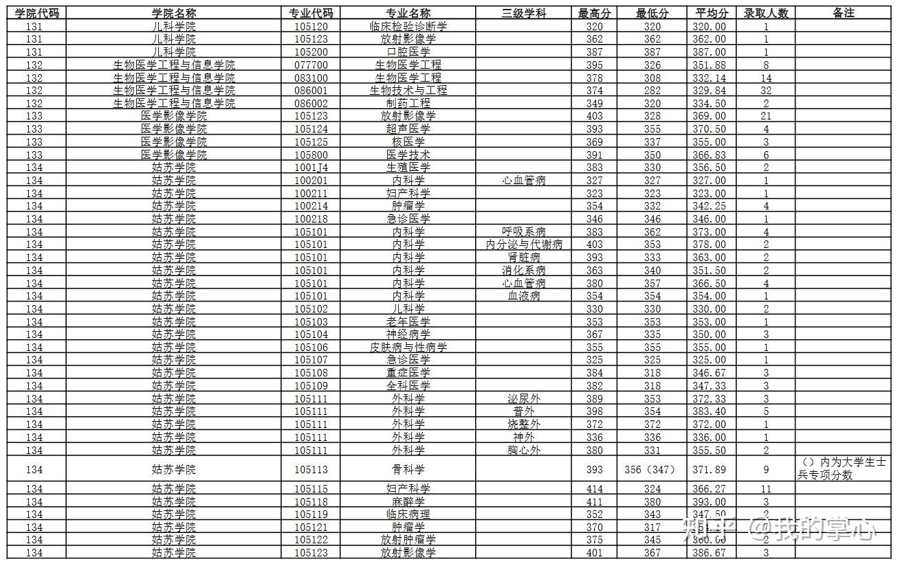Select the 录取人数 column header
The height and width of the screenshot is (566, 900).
pos(765,13)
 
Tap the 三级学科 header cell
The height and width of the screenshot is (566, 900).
pos(524,13)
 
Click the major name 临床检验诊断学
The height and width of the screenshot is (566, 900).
pos(408,26)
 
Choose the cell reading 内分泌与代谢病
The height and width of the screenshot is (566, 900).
pos(524,245)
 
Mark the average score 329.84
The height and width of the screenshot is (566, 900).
pos(710,91)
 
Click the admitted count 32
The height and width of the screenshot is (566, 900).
pos(765,91)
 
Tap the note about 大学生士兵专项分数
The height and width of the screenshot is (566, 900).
pos(844,468)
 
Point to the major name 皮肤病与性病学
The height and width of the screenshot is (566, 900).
pos(408,348)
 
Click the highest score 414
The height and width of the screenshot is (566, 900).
pos(595,489)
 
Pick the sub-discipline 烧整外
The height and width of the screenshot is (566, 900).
pos(524,424)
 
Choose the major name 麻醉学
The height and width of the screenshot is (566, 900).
pos(408,502)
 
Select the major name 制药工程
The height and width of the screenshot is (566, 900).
pos(408,103)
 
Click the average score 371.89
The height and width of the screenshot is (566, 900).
pos(710,470)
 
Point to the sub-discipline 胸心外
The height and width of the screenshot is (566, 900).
pos(524,451)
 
